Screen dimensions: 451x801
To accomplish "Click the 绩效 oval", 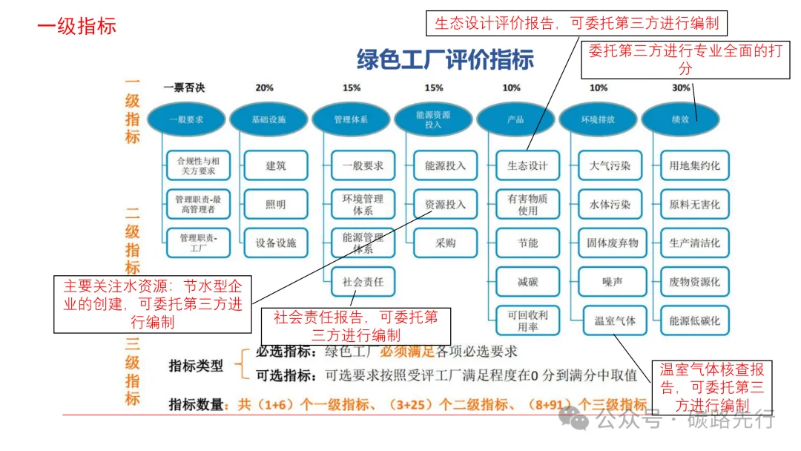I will pyautogui.click(x=679, y=119).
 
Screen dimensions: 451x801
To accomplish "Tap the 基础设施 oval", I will pyautogui.click(x=268, y=119).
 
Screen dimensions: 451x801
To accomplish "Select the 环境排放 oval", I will pyautogui.click(x=597, y=119).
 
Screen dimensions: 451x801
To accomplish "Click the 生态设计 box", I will pyautogui.click(x=527, y=165).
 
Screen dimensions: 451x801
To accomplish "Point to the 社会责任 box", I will pyautogui.click(x=363, y=282).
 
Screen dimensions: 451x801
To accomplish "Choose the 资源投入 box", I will pyautogui.click(x=445, y=204).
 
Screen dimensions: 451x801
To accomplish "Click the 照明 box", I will pyautogui.click(x=276, y=204).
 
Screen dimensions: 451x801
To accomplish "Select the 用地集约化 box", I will pyautogui.click(x=694, y=165).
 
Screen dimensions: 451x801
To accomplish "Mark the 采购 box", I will pyautogui.click(x=445, y=243).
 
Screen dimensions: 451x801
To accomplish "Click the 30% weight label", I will pyautogui.click(x=680, y=88).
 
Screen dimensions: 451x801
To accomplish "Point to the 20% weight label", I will pyautogui.click(x=264, y=88).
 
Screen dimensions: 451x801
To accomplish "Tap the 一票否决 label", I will pyautogui.click(x=184, y=88).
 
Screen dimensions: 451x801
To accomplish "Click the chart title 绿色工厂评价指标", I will pyautogui.click(x=445, y=59).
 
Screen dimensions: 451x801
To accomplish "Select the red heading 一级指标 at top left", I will pyautogui.click(x=76, y=26).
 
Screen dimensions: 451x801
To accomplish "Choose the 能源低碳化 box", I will pyautogui.click(x=694, y=321).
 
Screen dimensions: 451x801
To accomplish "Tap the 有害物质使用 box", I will pyautogui.click(x=527, y=204).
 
